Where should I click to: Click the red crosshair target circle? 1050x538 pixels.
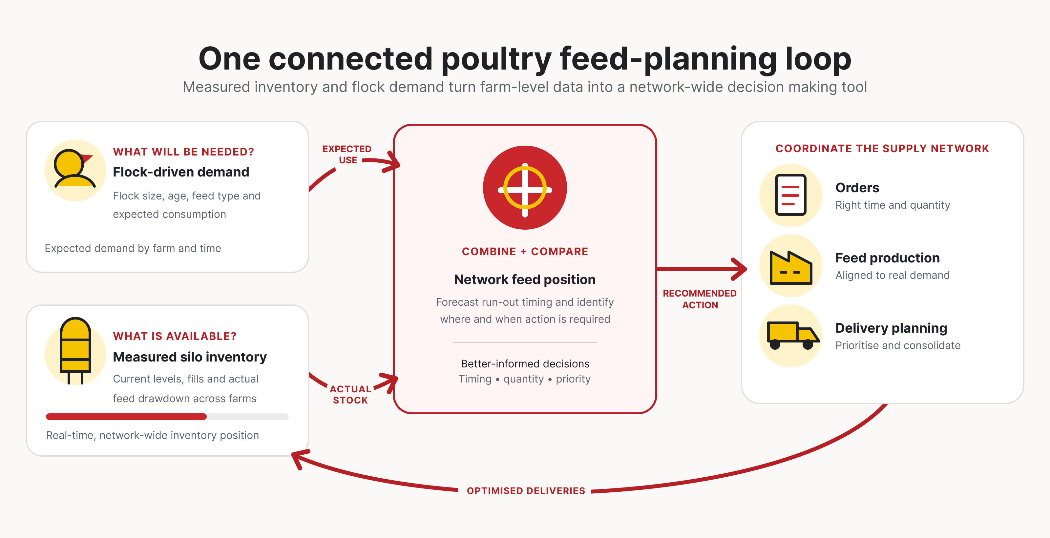pos(525,188)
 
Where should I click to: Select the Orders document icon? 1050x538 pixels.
pos(791,195)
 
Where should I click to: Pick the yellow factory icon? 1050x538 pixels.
pos(791,267)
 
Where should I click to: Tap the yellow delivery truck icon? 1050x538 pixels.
pos(793,335)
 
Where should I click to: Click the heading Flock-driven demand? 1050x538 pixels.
pos(181,172)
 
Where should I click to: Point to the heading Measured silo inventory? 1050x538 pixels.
pos(190,357)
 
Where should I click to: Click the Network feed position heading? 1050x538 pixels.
pos(525,279)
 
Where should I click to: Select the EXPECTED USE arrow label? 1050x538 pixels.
pos(347,155)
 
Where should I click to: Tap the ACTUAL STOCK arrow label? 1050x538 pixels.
pos(350,395)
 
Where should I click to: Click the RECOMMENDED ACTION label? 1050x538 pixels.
pos(700,299)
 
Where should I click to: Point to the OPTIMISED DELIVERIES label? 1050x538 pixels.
pos(526,491)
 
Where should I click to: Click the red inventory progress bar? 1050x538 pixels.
pos(126,417)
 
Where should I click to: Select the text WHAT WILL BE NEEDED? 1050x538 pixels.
pos(183,152)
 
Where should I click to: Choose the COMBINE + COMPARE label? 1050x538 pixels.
pos(525,252)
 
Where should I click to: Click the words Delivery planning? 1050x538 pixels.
pos(891,328)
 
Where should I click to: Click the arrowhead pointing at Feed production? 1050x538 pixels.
pos(739,269)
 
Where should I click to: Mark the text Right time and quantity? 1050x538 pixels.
pos(892,205)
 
